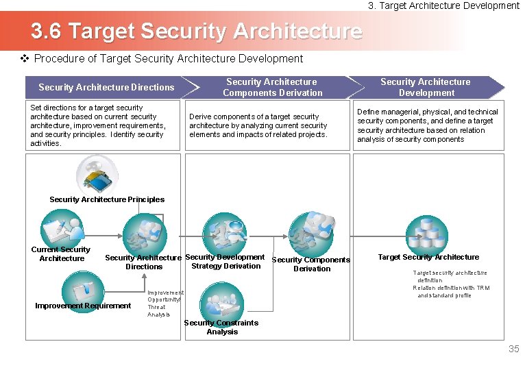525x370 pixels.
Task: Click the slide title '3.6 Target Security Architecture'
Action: [196, 32]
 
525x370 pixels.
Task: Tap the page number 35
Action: [513, 349]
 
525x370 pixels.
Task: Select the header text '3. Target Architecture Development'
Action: [443, 5]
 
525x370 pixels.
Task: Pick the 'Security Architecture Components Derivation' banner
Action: [272, 87]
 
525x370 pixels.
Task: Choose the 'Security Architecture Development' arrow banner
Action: [426, 87]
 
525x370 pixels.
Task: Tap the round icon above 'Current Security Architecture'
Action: [62, 228]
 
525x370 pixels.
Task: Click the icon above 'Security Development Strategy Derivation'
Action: [225, 233]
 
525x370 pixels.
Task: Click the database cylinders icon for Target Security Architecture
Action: [426, 233]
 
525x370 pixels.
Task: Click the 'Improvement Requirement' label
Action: [83, 306]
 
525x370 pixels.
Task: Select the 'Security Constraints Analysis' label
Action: [221, 327]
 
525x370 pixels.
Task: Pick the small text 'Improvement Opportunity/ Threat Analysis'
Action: [164, 304]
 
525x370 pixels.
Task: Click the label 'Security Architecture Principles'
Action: [107, 199]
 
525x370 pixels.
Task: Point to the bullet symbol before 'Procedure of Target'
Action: [25, 59]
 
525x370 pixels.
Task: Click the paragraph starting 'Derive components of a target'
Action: [258, 125]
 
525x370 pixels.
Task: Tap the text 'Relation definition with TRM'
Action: [451, 288]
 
